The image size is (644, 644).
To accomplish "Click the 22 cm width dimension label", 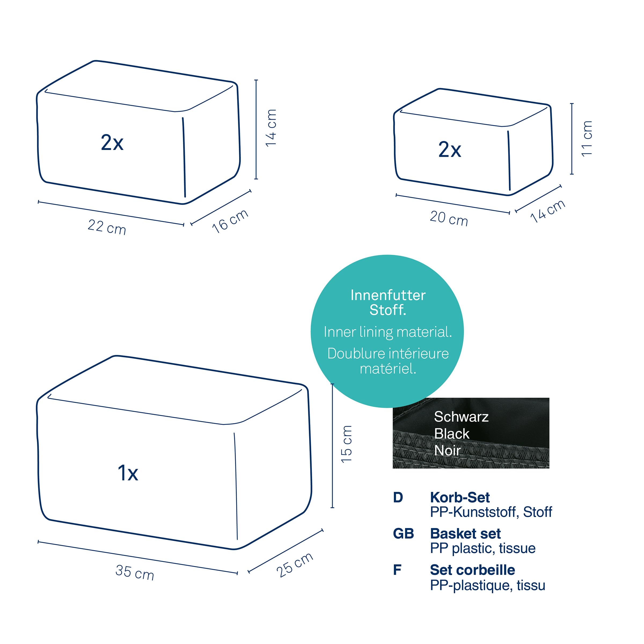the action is [x=107, y=227].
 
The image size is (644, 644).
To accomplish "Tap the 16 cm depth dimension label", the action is [x=230, y=221].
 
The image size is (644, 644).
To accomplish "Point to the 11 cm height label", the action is [x=586, y=138].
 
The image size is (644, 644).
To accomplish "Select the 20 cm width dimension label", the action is [x=449, y=219].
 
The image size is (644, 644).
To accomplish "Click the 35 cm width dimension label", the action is [x=135, y=572].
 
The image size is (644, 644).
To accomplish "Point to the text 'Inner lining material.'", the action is [x=388, y=332].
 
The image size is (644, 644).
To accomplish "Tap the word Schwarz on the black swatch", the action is [x=461, y=417].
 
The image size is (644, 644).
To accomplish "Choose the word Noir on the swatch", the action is [x=448, y=451].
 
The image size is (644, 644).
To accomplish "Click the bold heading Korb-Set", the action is [x=460, y=497].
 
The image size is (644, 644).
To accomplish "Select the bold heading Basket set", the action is [x=465, y=534].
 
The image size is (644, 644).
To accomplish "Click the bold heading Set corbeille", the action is [x=472, y=570].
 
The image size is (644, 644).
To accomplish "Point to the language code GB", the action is [x=403, y=534].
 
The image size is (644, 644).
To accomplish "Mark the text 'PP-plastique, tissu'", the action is [x=488, y=585].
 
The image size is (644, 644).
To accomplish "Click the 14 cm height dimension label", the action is [x=271, y=128].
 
